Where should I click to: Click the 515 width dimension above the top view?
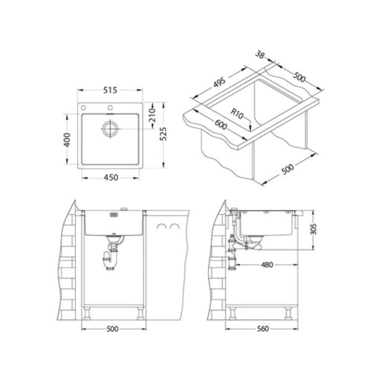[110, 91]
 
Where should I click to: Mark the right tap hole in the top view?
[110, 108]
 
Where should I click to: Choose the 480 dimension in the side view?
[267, 265]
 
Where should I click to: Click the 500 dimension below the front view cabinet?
[112, 329]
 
